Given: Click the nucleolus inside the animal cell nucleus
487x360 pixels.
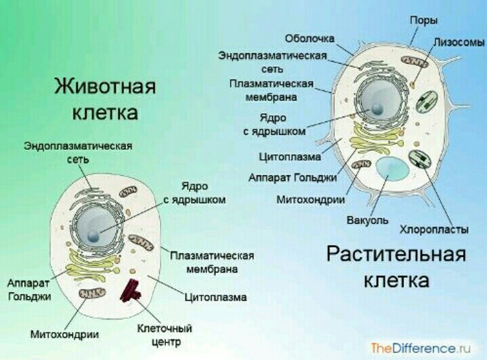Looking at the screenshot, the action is pos(93,237).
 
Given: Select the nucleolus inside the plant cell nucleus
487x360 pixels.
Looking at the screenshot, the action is pos(377,108).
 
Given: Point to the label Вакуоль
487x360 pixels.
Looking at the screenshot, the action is pos(367,220).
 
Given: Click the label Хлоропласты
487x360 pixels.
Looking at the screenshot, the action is pos(434,229).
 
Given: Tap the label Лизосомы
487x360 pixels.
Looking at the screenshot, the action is pos(459,42).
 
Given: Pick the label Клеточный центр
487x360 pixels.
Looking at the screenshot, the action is pos(165,335).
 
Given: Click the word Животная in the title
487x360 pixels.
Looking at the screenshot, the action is pos(105,86).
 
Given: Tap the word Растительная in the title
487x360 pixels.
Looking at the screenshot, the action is pos(396,254).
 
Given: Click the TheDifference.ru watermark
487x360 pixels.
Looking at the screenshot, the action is pos(421,348).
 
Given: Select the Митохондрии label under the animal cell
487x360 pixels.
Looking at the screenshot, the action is pos(64,334).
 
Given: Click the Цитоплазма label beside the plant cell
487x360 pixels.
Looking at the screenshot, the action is pos(290,157).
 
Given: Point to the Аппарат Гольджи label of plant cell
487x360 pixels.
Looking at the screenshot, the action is pos(293,178).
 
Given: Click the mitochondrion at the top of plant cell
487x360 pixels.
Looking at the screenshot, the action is pos(414,62).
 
